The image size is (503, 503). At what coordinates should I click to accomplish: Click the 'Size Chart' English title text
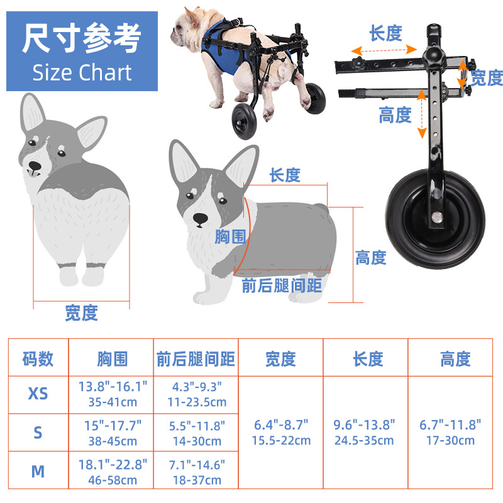[82, 73]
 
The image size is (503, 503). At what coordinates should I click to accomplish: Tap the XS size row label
[38, 394]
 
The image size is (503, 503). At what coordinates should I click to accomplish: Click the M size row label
[38, 472]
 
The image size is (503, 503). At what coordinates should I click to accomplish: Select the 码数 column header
[38, 359]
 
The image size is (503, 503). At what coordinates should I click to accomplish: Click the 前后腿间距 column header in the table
[196, 359]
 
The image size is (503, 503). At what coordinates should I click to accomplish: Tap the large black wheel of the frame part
[435, 219]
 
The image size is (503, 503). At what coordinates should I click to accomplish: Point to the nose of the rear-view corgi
[35, 166]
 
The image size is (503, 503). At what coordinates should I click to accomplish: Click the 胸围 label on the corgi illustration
[230, 237]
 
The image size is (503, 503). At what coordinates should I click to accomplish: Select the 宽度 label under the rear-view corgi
[82, 313]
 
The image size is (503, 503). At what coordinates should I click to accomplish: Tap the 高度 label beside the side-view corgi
[371, 258]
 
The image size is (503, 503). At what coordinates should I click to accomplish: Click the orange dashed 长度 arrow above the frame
[384, 50]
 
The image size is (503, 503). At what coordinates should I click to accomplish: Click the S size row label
[38, 433]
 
